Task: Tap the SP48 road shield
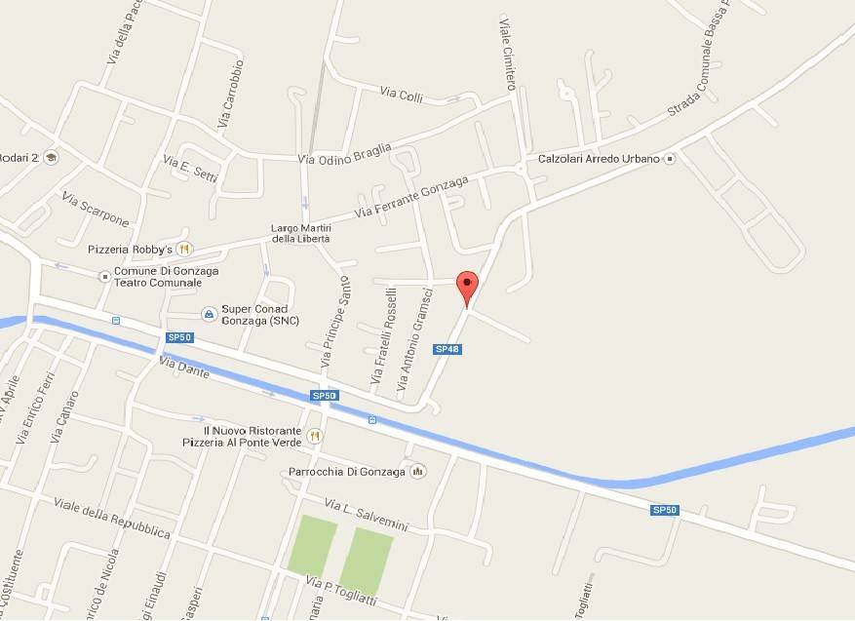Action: click(447, 348)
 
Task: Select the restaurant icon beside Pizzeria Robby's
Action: click(185, 249)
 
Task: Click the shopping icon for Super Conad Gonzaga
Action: click(208, 313)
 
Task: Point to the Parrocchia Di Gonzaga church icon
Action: click(417, 472)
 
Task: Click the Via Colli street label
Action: click(401, 94)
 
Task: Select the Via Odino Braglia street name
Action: click(344, 154)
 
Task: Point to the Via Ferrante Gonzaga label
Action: click(411, 196)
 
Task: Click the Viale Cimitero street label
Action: click(507, 54)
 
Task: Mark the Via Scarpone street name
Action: click(96, 208)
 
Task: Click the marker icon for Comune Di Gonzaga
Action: click(105, 276)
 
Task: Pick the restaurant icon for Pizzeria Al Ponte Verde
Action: click(314, 436)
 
